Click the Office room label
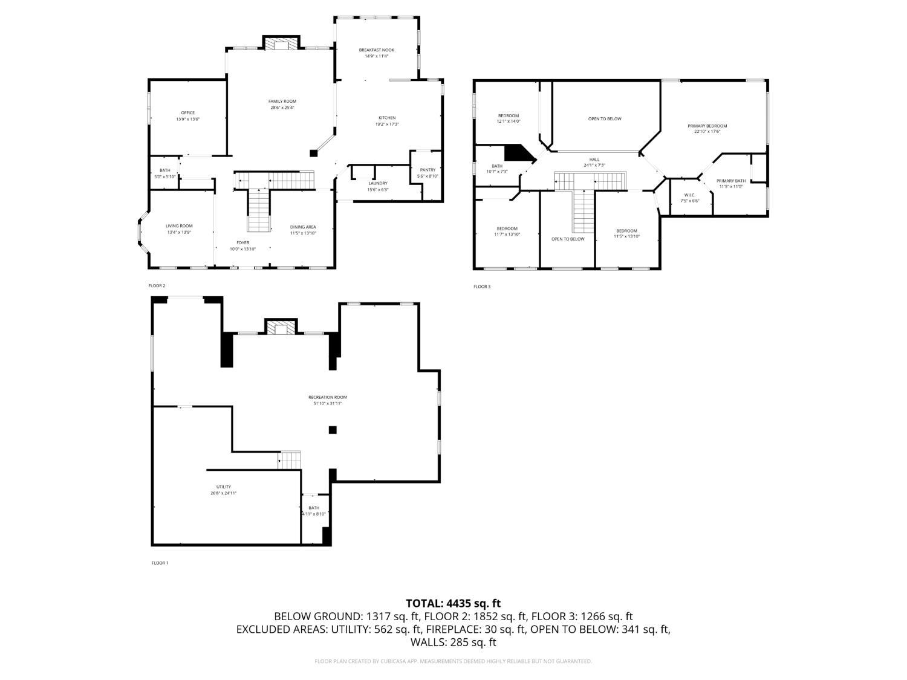click(x=187, y=113)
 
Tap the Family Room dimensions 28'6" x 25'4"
click(x=282, y=108)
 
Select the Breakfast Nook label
click(x=376, y=50)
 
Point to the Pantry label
click(x=427, y=170)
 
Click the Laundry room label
click(x=378, y=183)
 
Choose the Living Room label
click(x=179, y=226)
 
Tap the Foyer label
click(x=242, y=242)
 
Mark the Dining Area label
click(x=303, y=227)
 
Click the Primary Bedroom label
click(x=707, y=126)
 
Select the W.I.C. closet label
click(x=690, y=195)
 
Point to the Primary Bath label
click(x=731, y=181)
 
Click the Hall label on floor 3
click(x=594, y=160)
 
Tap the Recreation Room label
click(x=327, y=397)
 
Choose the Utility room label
click(x=223, y=487)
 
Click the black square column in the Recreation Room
click(x=332, y=430)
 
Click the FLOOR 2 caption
click(x=157, y=285)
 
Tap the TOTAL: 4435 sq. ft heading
click(x=453, y=603)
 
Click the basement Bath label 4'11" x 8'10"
click(x=314, y=508)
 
